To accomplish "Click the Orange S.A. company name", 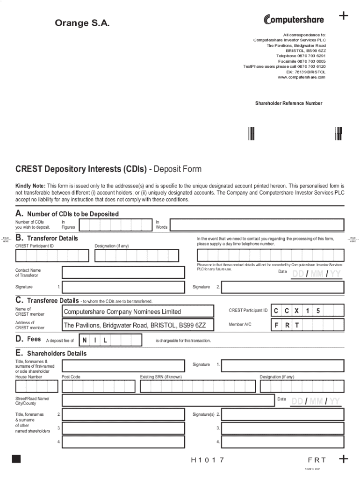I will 83,23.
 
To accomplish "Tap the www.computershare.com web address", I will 301,77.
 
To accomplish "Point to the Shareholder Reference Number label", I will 288,103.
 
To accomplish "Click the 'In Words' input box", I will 257,225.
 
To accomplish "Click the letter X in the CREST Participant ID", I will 296,311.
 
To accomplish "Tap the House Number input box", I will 37,386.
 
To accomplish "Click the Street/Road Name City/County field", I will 167,400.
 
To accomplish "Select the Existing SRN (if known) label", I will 161,377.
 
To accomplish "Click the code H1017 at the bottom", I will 208,460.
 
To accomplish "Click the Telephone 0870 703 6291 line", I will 301,56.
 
